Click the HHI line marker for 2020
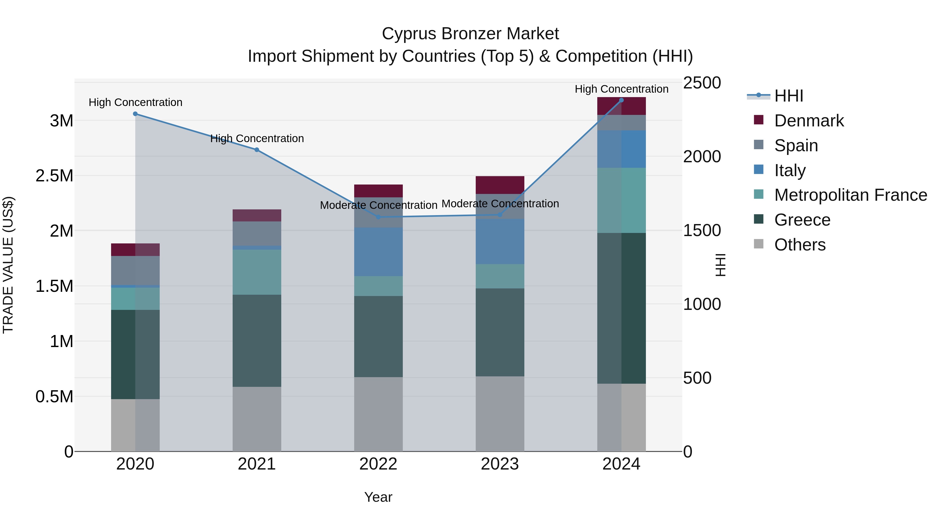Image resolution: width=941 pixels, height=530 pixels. [135, 114]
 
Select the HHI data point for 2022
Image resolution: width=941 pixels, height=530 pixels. [378, 217]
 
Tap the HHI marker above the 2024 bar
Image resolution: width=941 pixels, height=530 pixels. [621, 100]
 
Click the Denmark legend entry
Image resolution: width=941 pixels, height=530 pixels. [809, 121]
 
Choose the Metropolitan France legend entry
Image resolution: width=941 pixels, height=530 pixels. [850, 195]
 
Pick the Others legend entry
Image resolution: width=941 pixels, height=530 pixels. [800, 245]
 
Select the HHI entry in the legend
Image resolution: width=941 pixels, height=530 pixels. [788, 96]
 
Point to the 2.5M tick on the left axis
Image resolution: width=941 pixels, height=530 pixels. [54, 176]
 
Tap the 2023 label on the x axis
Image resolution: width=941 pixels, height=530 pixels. [500, 464]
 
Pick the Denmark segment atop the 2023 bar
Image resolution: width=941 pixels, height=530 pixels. [500, 185]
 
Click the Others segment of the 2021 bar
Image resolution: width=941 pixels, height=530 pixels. [257, 419]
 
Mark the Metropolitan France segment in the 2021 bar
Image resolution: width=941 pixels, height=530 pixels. [257, 272]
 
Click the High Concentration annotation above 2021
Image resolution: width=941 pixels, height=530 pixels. [257, 139]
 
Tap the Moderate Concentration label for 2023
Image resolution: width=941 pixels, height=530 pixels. [500, 204]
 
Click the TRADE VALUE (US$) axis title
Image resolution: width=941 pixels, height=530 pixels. [8, 265]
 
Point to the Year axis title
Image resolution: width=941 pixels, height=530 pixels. [378, 497]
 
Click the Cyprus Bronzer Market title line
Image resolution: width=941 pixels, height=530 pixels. [470, 34]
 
